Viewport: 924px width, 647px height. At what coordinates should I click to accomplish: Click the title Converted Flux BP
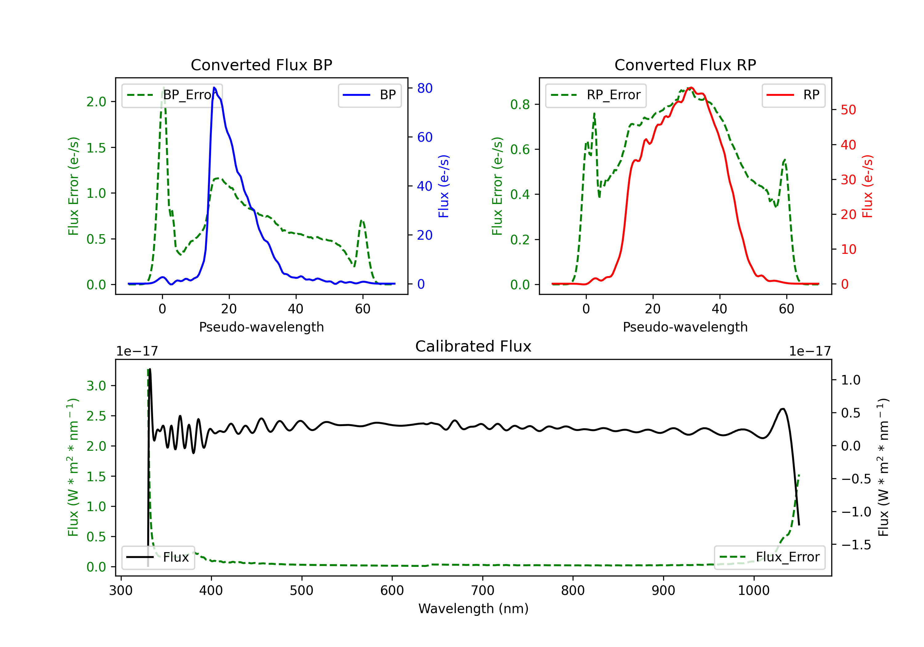pyautogui.click(x=261, y=65)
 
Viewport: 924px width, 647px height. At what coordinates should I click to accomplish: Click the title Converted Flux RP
pyautogui.click(x=685, y=65)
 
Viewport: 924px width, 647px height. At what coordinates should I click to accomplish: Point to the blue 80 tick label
pyautogui.click(x=424, y=88)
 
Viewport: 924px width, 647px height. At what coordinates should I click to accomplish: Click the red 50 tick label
pyautogui.click(x=848, y=110)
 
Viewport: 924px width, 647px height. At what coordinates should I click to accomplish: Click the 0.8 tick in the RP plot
pyautogui.click(x=520, y=105)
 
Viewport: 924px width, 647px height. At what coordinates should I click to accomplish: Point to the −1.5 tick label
pyautogui.click(x=856, y=545)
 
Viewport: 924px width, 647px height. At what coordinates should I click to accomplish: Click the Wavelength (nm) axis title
pyautogui.click(x=473, y=608)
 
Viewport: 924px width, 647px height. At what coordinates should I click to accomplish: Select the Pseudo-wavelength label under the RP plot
pyautogui.click(x=685, y=327)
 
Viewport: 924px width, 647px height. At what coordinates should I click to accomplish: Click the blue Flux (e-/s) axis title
pyautogui.click(x=443, y=186)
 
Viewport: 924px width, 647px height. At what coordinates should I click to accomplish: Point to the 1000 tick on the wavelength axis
pyautogui.click(x=753, y=591)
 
